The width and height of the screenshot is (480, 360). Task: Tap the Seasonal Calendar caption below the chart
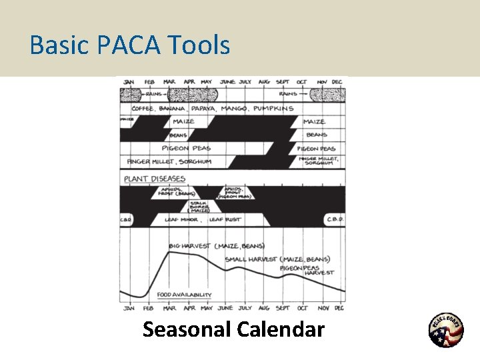(x=233, y=329)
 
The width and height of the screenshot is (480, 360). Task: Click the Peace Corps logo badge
(x=445, y=331)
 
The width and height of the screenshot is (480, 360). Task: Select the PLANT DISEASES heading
(x=154, y=179)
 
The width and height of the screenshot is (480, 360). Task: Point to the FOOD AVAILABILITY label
(x=184, y=295)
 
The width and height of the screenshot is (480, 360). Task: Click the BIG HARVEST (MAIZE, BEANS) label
(x=215, y=246)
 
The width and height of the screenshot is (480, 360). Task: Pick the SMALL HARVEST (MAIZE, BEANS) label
(x=277, y=259)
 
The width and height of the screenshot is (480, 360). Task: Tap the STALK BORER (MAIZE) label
(x=199, y=207)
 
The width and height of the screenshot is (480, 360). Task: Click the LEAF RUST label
(x=225, y=219)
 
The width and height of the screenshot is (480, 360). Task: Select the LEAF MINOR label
(x=180, y=219)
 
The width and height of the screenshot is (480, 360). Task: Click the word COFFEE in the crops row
(x=145, y=108)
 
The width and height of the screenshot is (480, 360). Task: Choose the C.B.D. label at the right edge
(x=333, y=219)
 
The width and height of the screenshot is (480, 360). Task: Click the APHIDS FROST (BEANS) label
(x=173, y=192)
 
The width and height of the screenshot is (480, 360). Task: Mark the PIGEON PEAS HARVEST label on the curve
(x=308, y=269)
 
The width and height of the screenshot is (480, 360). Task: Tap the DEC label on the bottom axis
(x=339, y=308)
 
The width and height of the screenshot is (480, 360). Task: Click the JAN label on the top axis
(x=128, y=82)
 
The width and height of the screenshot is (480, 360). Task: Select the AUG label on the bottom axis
(x=263, y=308)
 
